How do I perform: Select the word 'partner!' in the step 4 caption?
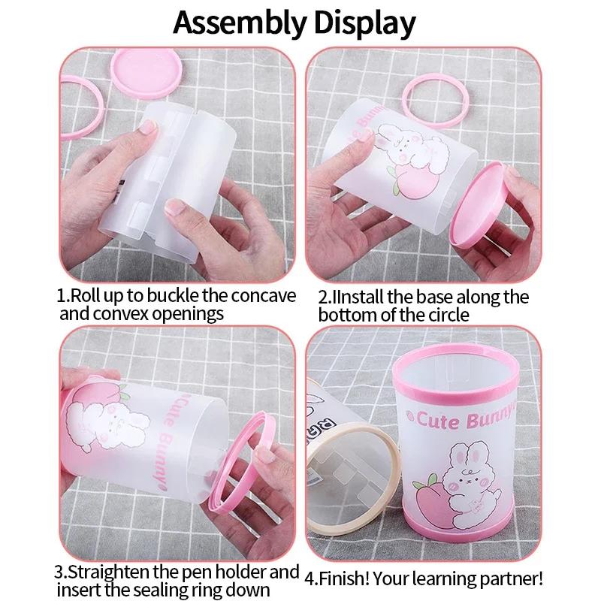(514, 579)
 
